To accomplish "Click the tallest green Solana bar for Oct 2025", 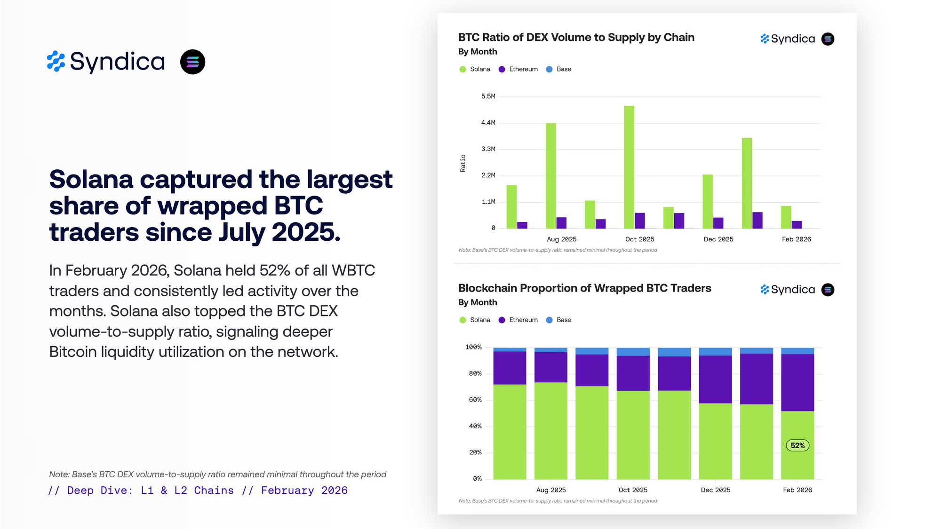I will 629,167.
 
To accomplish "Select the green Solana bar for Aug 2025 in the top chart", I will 550,176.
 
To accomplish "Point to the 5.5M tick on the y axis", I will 488,96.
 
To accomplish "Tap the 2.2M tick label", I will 488,175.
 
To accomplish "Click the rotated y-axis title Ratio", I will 463,163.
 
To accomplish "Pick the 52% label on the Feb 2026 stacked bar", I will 797,445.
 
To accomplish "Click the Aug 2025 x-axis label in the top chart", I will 561,239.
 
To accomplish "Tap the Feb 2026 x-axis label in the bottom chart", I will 797,490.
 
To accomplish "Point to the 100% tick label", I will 473,347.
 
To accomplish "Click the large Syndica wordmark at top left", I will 117,62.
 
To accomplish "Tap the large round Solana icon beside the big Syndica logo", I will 193,62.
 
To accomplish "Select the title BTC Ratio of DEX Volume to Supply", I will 576,38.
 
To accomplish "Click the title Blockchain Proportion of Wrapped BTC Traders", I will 584,288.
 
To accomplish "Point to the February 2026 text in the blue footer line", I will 304,490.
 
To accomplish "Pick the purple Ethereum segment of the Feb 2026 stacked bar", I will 797,382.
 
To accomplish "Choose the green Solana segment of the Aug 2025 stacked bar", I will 550,430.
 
